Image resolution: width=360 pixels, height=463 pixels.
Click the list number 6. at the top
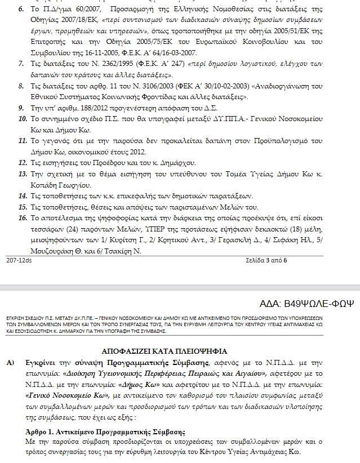21,11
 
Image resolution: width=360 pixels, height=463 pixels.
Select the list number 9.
21,107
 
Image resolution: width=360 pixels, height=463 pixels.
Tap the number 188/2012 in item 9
88,107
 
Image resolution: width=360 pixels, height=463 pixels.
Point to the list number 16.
23,217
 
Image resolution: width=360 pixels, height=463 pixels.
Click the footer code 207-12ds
19,260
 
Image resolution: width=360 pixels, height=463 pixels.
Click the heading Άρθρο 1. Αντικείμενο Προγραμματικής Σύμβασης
106,431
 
